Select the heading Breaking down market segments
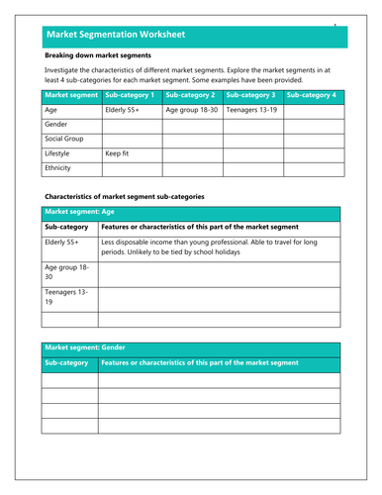(x=98, y=56)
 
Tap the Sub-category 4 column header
(x=311, y=96)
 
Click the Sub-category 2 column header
(x=192, y=96)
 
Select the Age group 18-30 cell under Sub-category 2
(x=192, y=111)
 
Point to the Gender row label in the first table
(x=58, y=126)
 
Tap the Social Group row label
(x=64, y=141)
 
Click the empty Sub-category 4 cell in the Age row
(x=311, y=111)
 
